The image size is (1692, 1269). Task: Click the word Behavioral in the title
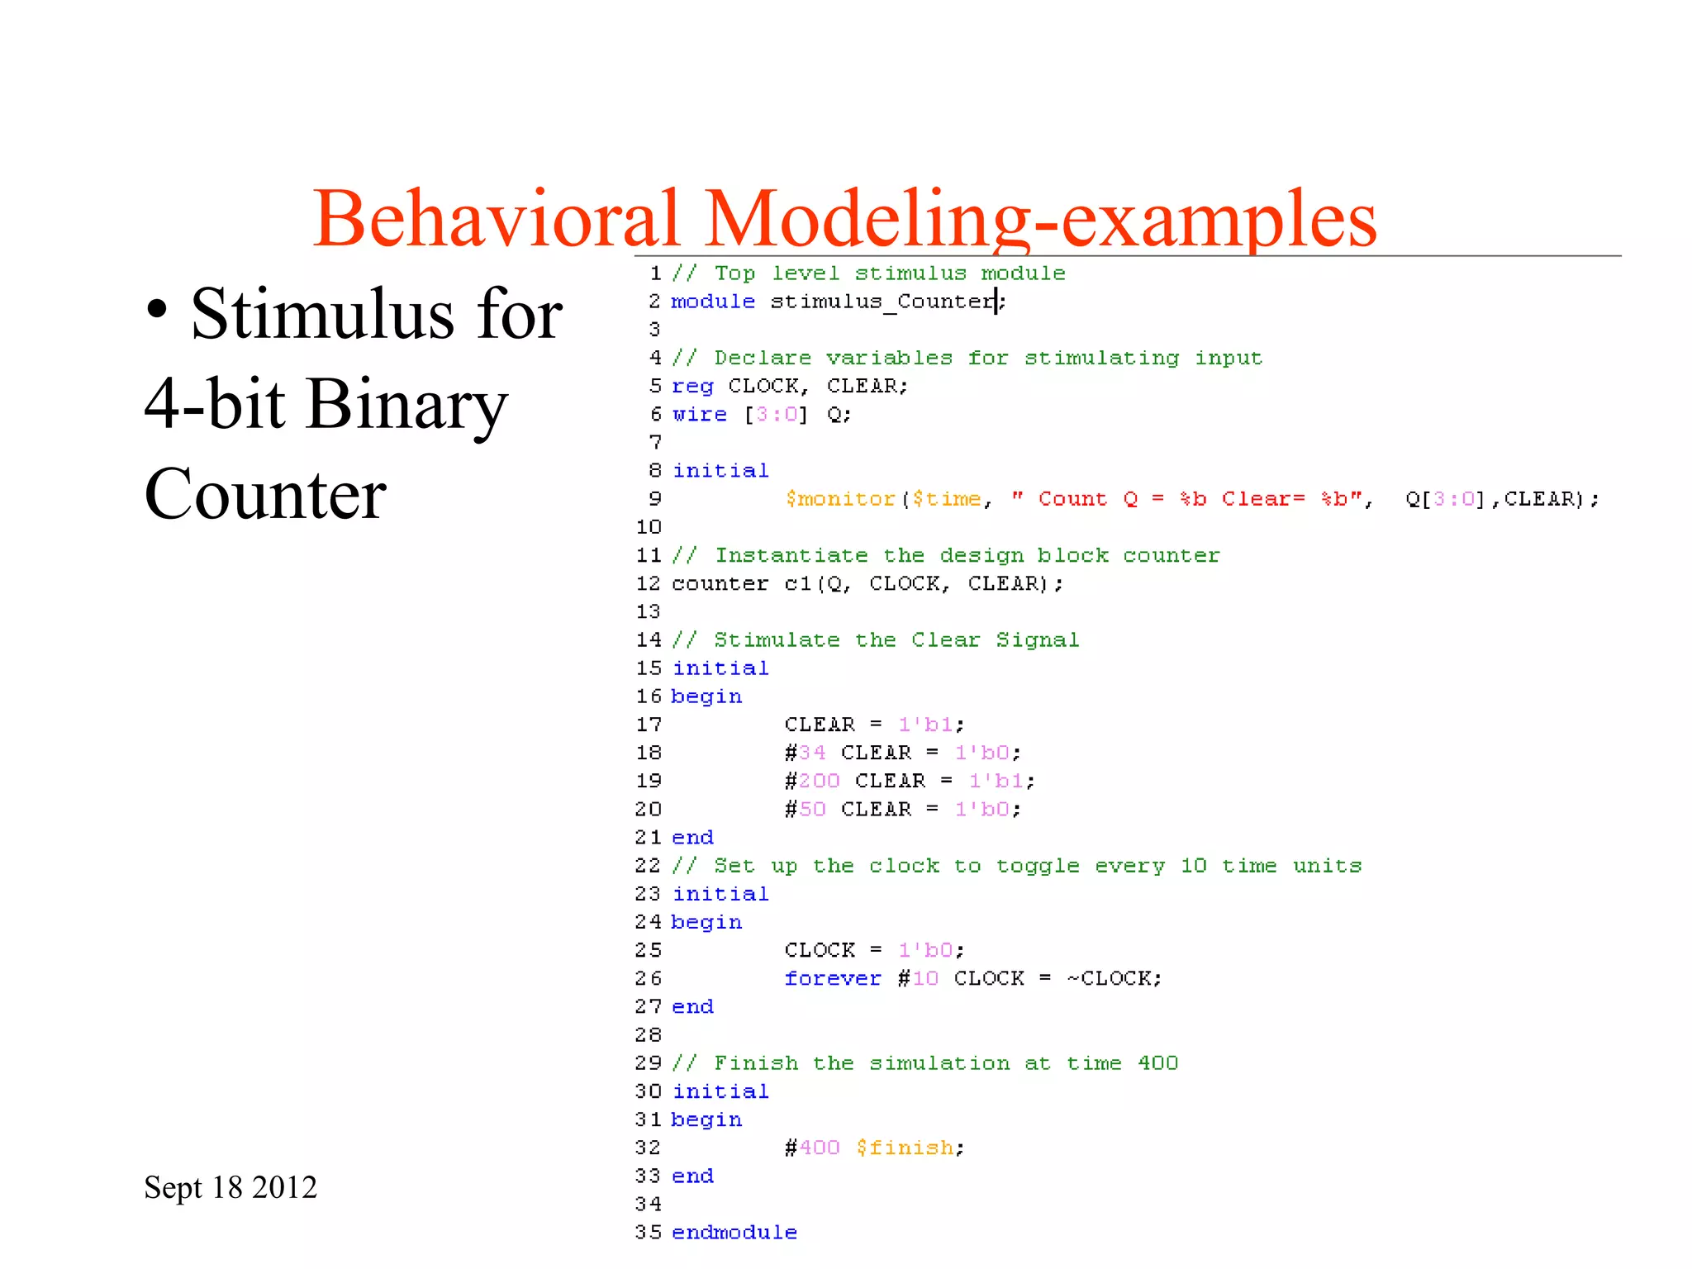[x=496, y=218]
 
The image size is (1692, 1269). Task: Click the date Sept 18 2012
[x=231, y=1187]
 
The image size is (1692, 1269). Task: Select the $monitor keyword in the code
[x=840, y=499]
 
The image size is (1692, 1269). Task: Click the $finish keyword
[x=905, y=1148]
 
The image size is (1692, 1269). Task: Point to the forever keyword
[x=833, y=978]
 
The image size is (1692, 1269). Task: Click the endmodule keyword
[x=734, y=1233]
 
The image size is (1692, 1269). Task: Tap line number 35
[x=649, y=1233]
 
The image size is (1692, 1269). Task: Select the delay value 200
[x=819, y=781]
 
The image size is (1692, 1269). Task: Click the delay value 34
[x=812, y=753]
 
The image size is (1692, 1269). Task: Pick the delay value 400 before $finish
[x=819, y=1148]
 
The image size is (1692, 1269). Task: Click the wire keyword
[x=699, y=414]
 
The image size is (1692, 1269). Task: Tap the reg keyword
[x=692, y=386]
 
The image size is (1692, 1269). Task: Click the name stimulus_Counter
[x=882, y=302]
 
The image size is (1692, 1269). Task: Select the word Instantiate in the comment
[x=791, y=555]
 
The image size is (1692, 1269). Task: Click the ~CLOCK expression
[x=1113, y=978]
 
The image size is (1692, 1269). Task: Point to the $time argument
[x=946, y=499]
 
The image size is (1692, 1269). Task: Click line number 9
[x=654, y=499]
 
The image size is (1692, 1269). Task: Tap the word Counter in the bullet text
[x=265, y=494]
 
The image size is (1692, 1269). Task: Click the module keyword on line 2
[x=713, y=302]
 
